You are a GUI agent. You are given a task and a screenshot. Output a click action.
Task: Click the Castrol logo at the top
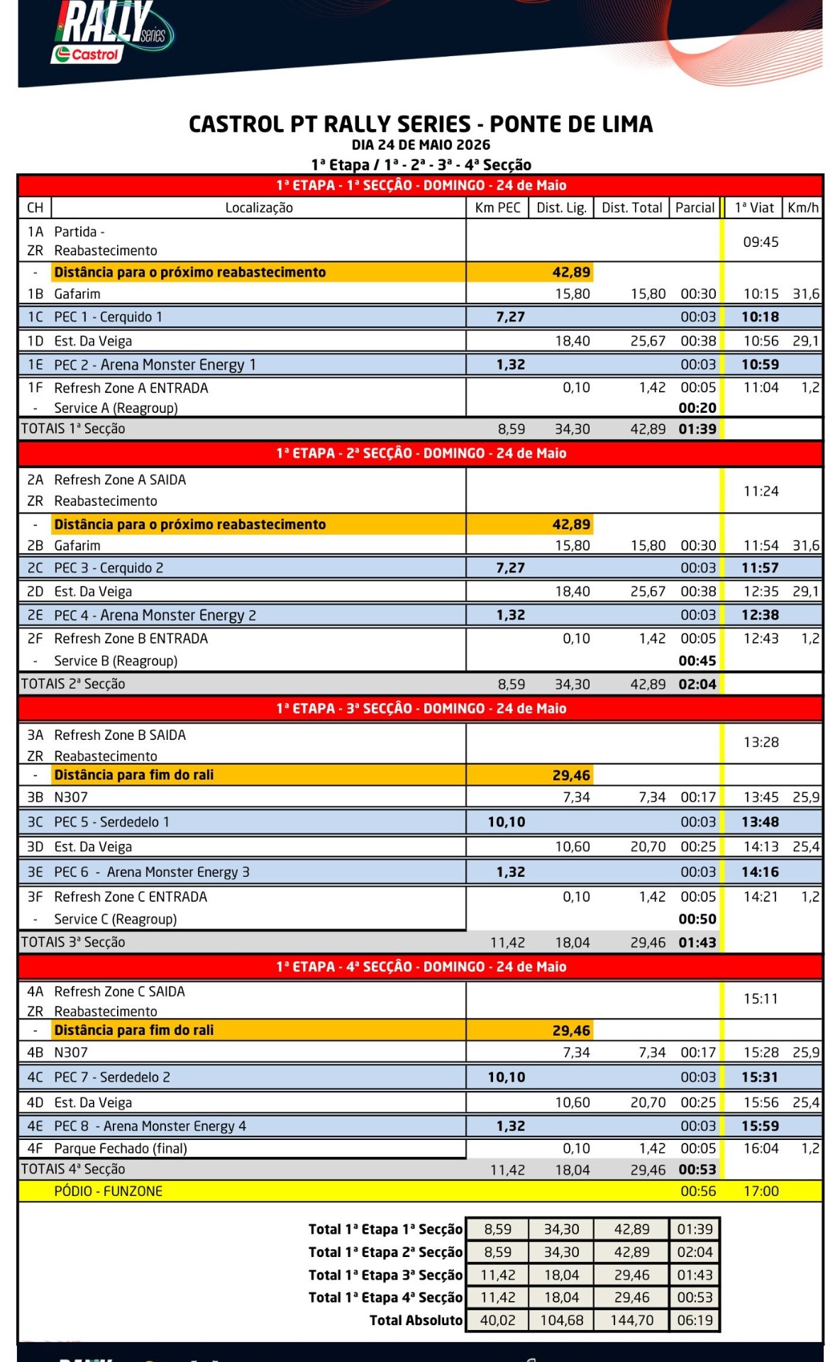87,54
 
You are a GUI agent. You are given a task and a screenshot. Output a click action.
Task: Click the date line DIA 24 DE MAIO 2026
421,145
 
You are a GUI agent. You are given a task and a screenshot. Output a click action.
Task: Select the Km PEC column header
497,208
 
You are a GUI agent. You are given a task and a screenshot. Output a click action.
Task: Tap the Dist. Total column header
631,208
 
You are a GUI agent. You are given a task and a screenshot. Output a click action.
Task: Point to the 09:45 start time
761,242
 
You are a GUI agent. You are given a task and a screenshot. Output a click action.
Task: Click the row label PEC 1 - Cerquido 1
108,317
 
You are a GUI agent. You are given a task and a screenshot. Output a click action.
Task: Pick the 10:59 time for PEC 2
760,365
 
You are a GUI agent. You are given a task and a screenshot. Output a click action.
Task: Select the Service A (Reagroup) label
116,408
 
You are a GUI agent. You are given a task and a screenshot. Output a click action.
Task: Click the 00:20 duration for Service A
697,408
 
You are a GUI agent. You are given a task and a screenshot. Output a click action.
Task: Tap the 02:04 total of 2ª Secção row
697,685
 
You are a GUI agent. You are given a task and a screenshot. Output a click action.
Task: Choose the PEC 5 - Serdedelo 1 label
111,822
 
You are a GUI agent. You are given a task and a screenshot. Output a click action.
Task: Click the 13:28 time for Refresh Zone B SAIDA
761,742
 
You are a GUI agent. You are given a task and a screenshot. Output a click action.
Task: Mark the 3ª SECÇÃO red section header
421,709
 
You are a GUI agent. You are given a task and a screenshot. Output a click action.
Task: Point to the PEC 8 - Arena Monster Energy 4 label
150,1126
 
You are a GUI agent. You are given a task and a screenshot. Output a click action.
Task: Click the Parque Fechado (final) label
121,1148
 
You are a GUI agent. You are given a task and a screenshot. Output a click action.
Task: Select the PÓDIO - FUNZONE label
108,1191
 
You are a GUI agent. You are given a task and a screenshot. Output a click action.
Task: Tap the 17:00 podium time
761,1191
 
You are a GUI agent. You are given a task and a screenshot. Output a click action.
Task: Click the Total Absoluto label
416,1320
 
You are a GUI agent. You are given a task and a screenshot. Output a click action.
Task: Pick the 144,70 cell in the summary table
631,1320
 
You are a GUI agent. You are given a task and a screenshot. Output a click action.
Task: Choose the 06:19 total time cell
695,1320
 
